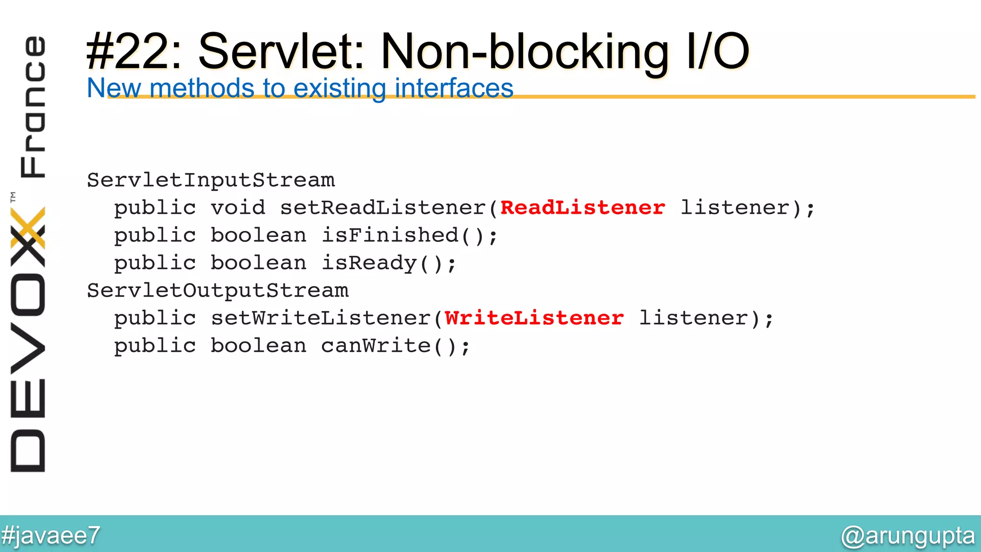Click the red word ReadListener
[x=582, y=208]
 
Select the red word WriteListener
[x=534, y=318]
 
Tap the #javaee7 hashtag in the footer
[x=51, y=535]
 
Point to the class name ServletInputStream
[x=211, y=181]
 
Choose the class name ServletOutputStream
[x=218, y=291]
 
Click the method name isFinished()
[x=410, y=236]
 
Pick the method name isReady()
[x=388, y=263]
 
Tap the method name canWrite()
[x=395, y=346]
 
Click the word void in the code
[x=238, y=208]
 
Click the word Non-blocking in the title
[x=525, y=52]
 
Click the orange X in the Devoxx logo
[x=28, y=228]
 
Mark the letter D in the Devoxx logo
[x=28, y=450]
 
